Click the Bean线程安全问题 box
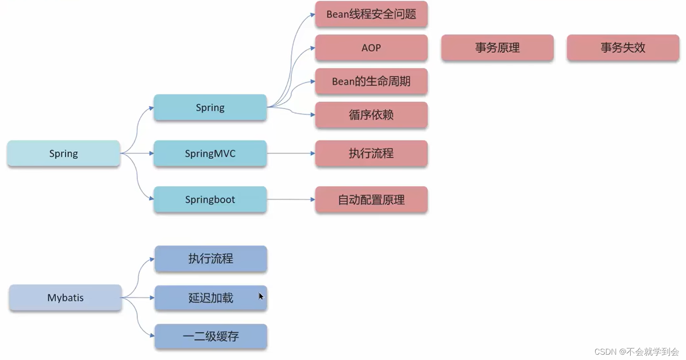coord(371,14)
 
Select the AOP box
coord(371,48)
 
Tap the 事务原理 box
coord(497,48)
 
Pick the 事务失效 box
coord(623,48)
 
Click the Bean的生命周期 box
coord(371,81)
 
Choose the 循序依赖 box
coord(371,115)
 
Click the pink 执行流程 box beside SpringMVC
coord(371,153)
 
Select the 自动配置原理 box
coord(371,200)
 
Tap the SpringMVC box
coord(210,153)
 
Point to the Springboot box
coord(210,199)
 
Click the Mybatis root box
coord(65,298)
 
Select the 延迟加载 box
coord(211,298)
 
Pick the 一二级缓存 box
coord(211,337)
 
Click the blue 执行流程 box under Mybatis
coord(211,259)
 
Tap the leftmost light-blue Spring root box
coord(63,153)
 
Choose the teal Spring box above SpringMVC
coord(210,107)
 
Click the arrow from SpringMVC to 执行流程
coord(291,153)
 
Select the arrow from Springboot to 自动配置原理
coord(291,199)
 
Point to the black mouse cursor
coord(261,296)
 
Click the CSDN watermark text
coord(636,352)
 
